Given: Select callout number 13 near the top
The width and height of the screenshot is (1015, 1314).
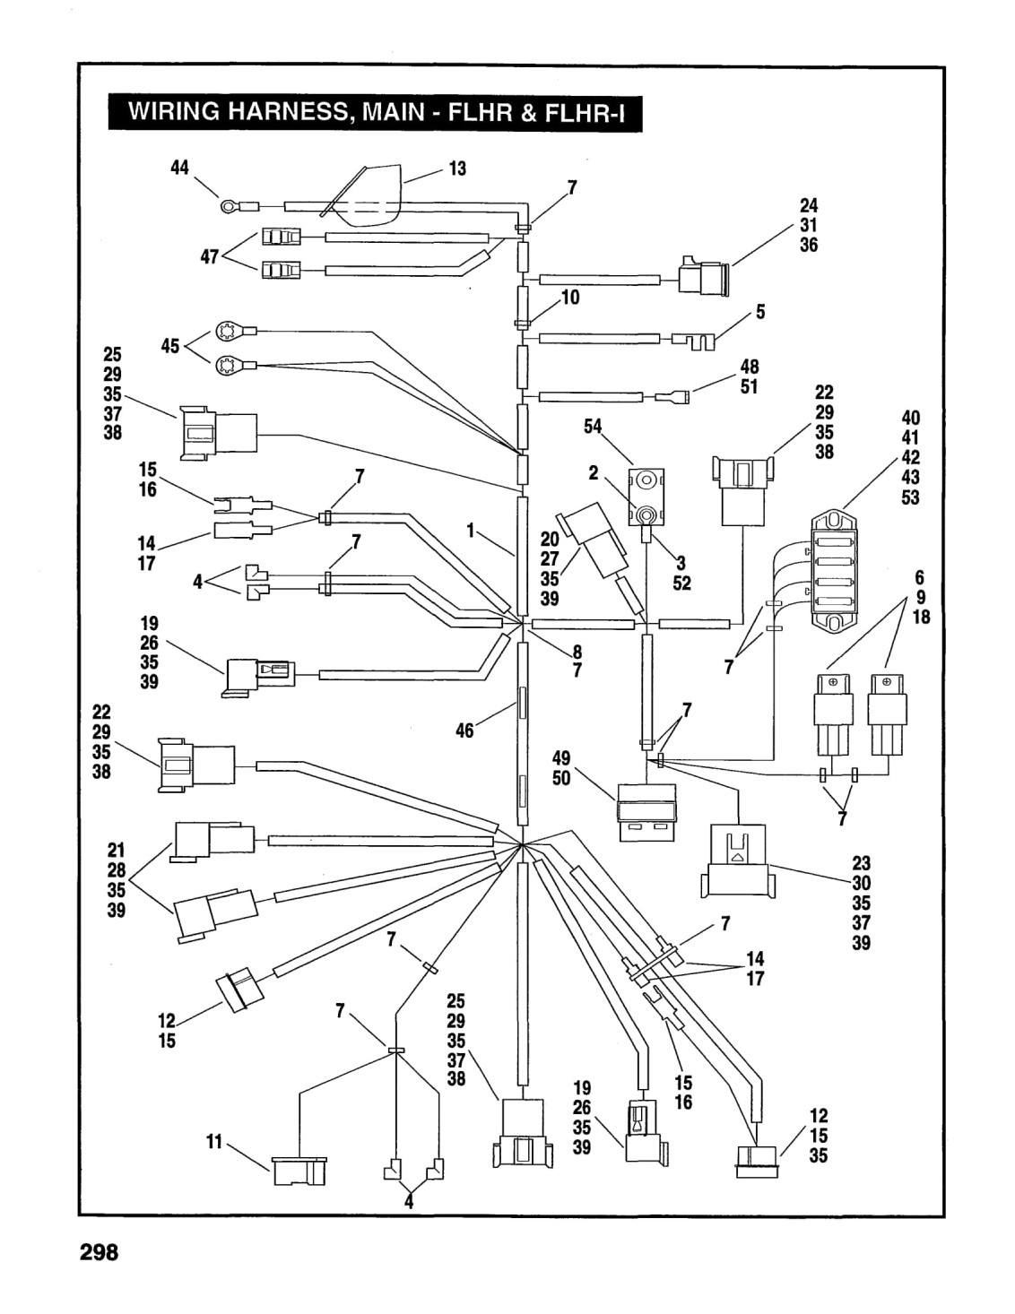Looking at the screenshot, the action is tap(458, 169).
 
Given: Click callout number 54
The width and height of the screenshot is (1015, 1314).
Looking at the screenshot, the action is tap(593, 427).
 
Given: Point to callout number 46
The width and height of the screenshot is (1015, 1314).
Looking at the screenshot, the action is tap(464, 730).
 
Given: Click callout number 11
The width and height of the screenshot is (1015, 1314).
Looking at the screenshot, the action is tap(214, 1142).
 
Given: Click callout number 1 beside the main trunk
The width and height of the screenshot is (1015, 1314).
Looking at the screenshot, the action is tap(470, 531).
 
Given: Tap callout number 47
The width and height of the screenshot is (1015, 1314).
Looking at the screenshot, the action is tap(209, 257).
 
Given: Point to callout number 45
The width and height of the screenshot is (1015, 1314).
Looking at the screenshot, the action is tap(170, 346).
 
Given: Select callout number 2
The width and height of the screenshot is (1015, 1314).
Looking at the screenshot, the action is tap(594, 472).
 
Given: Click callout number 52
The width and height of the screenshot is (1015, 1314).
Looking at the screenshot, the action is tap(681, 584).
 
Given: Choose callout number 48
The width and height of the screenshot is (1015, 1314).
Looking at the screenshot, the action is tap(749, 367).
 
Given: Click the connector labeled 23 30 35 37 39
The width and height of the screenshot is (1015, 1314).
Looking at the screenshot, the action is tap(736, 860).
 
